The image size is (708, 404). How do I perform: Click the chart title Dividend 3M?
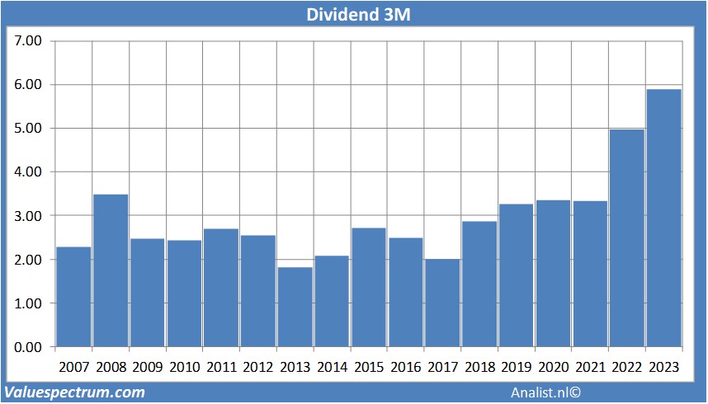click(354, 14)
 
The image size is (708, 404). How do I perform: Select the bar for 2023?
click(664, 218)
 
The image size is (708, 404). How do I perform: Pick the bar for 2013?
click(295, 307)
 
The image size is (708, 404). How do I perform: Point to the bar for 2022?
click(627, 238)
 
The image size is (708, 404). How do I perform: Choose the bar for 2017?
click(443, 303)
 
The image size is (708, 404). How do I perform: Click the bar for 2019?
click(517, 275)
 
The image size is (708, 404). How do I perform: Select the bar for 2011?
click(221, 288)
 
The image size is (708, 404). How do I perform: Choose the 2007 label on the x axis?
click(73, 367)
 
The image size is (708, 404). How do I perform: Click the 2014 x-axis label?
click(332, 367)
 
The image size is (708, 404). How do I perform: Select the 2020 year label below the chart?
click(554, 367)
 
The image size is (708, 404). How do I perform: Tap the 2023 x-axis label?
click(664, 367)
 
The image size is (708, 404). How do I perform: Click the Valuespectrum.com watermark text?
click(74, 392)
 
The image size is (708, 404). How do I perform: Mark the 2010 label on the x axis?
click(184, 367)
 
